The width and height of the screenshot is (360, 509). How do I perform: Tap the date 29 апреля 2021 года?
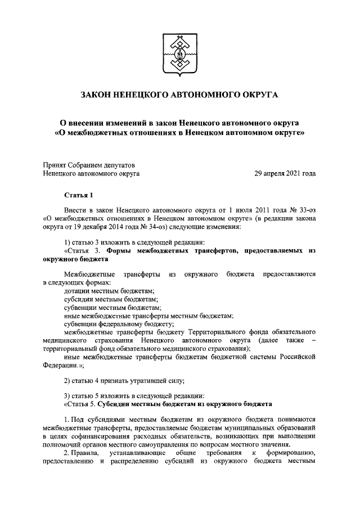pyautogui.click(x=285, y=174)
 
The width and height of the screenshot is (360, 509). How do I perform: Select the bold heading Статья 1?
pyautogui.click(x=78, y=195)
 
